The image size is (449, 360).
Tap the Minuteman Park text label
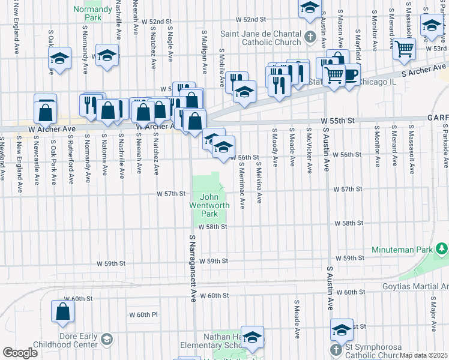410,248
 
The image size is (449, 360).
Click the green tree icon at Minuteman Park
442,248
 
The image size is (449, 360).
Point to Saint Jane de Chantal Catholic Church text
262,37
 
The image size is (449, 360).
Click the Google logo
20,353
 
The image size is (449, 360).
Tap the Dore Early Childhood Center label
77,340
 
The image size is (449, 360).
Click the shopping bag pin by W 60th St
63,312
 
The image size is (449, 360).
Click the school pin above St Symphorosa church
342,330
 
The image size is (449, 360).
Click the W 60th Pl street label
143,314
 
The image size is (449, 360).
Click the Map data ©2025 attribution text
423,355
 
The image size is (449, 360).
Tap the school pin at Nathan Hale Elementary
253,338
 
